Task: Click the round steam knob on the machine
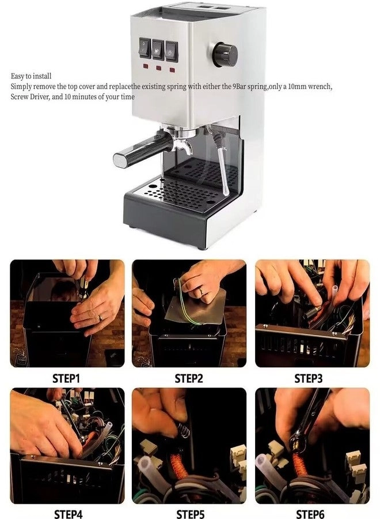click(225, 55)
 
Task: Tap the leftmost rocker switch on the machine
click(145, 48)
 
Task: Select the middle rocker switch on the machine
click(158, 50)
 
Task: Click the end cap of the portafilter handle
click(119, 160)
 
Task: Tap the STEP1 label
click(66, 378)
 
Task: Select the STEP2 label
click(189, 378)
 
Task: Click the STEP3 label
click(308, 378)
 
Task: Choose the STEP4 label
click(68, 514)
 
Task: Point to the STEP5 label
click(191, 514)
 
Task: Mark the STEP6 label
click(310, 514)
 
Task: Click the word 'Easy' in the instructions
click(17, 77)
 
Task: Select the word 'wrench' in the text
click(320, 87)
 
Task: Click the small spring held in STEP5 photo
click(184, 430)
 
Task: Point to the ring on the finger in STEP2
click(200, 292)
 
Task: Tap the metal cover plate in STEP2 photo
click(196, 308)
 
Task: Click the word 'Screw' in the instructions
click(20, 97)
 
